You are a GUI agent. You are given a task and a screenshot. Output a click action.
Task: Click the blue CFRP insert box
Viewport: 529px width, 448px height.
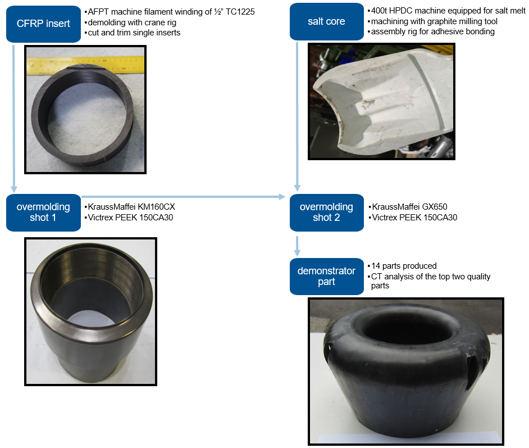coord(43,24)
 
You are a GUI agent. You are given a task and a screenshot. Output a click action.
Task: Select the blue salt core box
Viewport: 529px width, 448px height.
coord(327,21)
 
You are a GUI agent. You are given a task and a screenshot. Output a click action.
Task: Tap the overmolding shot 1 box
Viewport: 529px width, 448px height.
coord(43,212)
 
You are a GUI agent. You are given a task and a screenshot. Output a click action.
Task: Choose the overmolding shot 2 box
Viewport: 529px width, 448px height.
coord(327,212)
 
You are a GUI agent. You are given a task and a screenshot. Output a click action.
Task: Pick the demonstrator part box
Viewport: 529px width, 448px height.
coord(327,277)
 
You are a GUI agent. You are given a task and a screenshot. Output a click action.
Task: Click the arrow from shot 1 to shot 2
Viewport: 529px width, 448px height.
coord(184,197)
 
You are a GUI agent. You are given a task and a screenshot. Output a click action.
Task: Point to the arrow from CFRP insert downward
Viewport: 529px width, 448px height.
coord(13,119)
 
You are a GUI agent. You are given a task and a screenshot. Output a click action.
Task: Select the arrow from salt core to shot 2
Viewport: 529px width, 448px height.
coord(297,116)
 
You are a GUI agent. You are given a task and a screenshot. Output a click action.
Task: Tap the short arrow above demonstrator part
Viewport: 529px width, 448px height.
coord(297,246)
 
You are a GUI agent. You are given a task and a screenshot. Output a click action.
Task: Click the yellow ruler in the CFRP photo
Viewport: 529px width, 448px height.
coord(85,65)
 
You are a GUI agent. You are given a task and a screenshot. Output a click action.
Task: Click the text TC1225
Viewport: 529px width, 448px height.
coord(240,12)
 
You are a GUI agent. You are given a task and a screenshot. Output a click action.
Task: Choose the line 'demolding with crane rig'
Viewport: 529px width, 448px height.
coord(130,22)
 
